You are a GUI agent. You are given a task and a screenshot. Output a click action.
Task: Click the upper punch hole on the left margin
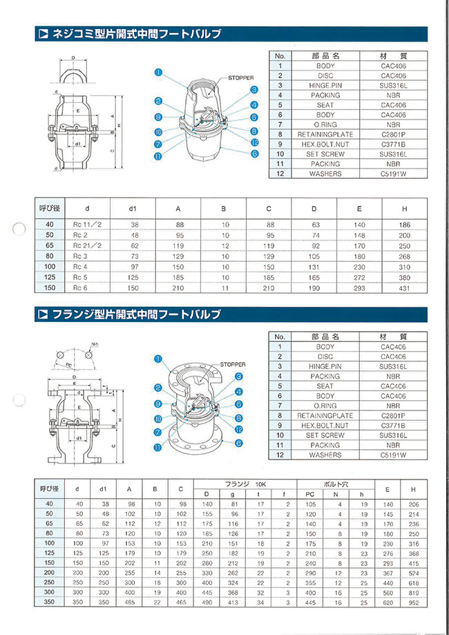[x=20, y=229]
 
